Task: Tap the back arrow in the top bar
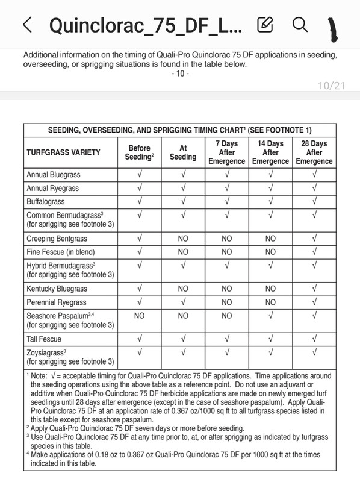[26, 25]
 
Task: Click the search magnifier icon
[299, 25]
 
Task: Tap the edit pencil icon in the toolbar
[264, 25]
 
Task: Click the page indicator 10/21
[331, 86]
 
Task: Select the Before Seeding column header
[140, 152]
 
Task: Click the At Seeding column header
[183, 152]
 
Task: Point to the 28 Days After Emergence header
[314, 152]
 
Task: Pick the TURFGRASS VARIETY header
[63, 153]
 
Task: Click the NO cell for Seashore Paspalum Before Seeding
[140, 315]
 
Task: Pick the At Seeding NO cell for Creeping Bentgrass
[183, 239]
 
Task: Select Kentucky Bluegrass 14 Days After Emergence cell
[270, 289]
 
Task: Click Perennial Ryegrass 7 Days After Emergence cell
[226, 302]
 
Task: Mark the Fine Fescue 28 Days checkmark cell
[314, 252]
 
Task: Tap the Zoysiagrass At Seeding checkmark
[183, 352]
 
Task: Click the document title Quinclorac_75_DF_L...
[145, 25]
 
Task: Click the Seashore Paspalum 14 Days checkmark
[270, 315]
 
